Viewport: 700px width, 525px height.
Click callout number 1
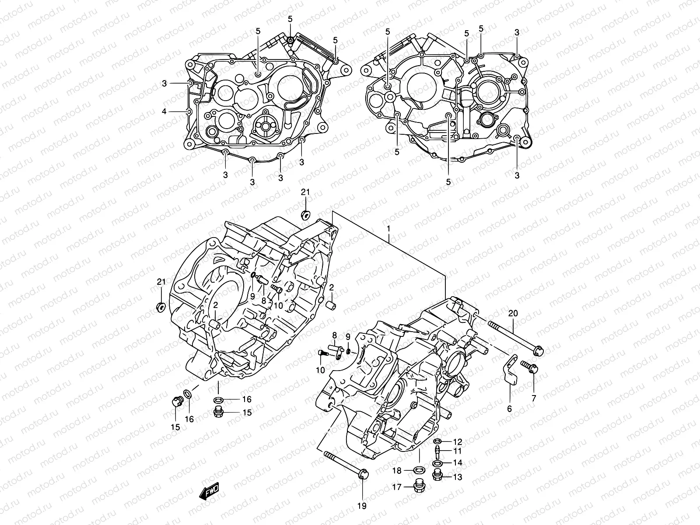(x=388, y=229)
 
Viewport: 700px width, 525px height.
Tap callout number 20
(x=513, y=313)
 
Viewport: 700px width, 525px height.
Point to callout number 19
(x=362, y=506)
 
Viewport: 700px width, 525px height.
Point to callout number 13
(x=457, y=477)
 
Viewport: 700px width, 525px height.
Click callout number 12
(x=457, y=442)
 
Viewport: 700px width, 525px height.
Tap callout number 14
(x=457, y=462)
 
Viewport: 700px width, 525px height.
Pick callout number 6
(x=509, y=409)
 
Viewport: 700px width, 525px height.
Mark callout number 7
(x=533, y=398)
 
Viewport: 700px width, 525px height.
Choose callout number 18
(x=397, y=470)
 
